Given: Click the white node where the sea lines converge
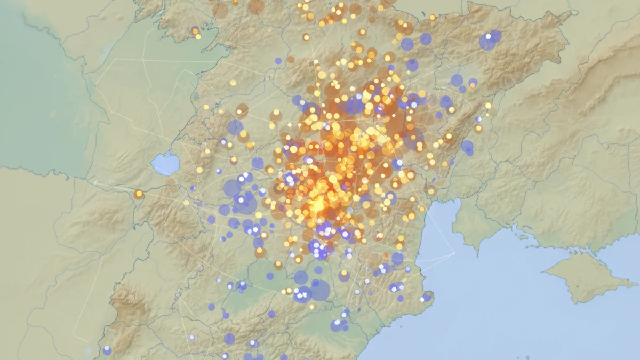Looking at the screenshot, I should [454, 253].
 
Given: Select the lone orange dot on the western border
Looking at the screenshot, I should [139, 194].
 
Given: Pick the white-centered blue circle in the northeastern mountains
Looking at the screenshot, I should [487, 42].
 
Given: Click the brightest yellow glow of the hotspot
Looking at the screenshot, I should [318, 205].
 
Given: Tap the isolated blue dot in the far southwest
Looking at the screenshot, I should [107, 350].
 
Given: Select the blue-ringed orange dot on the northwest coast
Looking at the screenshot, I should [195, 30].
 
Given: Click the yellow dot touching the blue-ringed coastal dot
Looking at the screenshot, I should [198, 36].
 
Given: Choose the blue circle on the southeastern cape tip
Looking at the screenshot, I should [427, 297].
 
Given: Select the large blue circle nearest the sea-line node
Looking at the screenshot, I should [397, 259].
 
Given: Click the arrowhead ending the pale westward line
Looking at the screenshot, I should [95, 182].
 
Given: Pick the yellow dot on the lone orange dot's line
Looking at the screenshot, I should [186, 203].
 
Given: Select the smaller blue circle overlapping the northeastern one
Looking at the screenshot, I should [496, 36].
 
